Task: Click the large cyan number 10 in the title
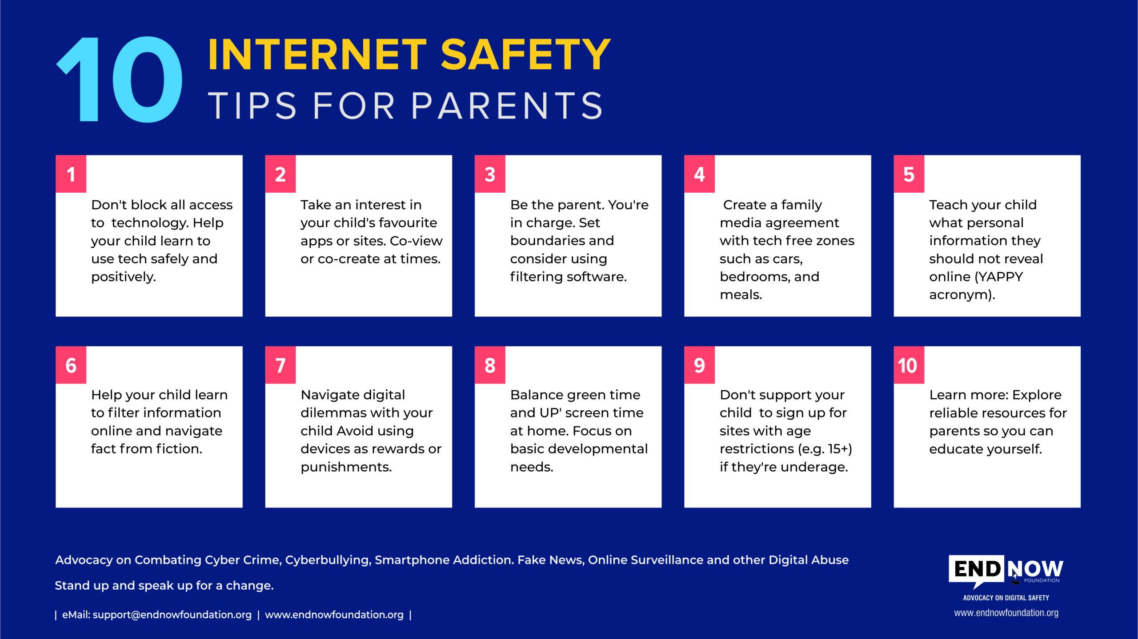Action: (119, 79)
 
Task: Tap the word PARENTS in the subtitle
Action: (507, 106)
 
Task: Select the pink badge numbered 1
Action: (71, 174)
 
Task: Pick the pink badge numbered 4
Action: (699, 174)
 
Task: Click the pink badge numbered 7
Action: (280, 365)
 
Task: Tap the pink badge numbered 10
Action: (909, 365)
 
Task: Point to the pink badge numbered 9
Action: (699, 365)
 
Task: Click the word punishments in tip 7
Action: (346, 467)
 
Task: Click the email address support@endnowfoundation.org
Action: (172, 615)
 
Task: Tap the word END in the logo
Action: (977, 569)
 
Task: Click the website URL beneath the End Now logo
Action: (1006, 613)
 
